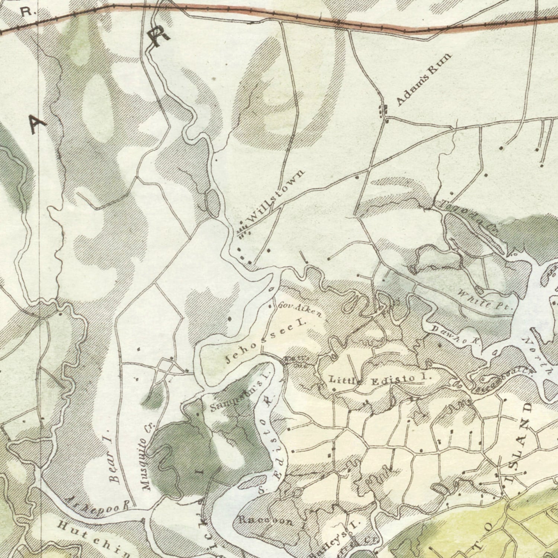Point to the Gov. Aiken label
pos(300,310)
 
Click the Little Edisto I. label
pos(380,380)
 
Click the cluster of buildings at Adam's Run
pos(383,111)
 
